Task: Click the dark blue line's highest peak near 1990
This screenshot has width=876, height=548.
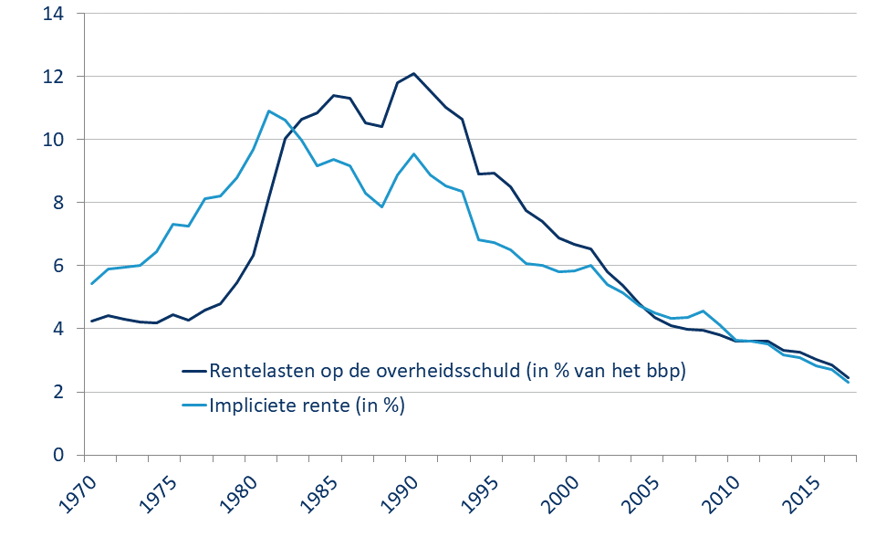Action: pyautogui.click(x=413, y=73)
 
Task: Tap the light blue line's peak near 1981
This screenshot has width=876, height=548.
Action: pyautogui.click(x=269, y=111)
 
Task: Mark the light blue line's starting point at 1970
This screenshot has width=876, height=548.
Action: pyautogui.click(x=92, y=283)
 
